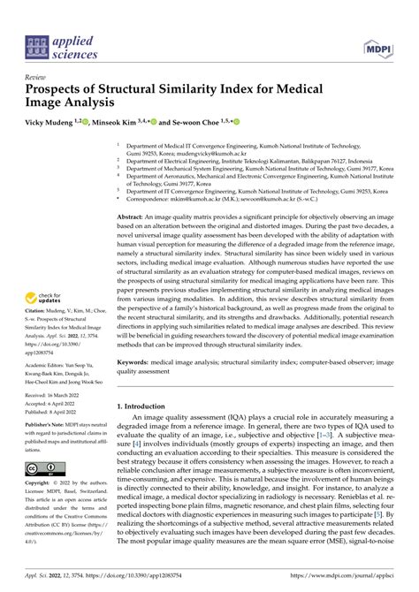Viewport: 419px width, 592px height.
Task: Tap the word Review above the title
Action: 37,77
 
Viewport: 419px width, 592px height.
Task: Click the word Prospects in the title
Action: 63,89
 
